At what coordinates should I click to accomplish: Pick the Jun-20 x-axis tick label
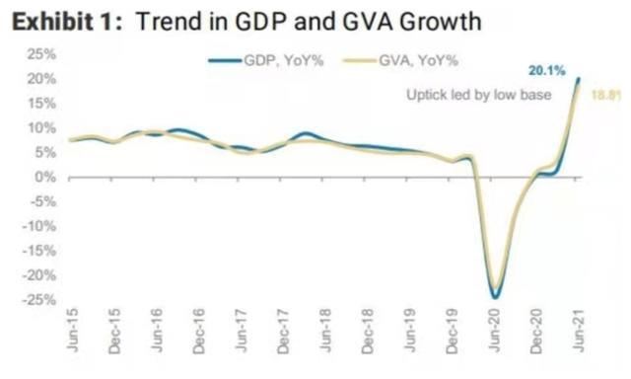tap(495, 340)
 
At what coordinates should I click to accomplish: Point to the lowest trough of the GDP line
tap(495, 297)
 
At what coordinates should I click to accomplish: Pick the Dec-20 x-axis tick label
tap(536, 340)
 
